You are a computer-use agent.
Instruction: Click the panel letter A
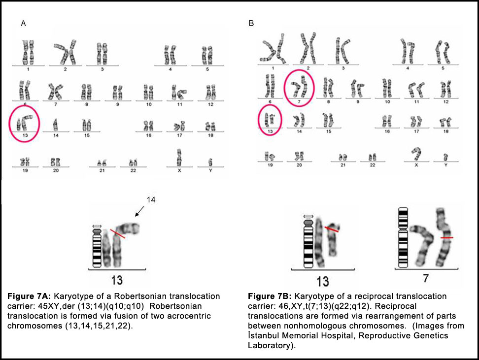[x=23, y=23]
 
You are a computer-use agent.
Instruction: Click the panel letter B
[x=251, y=23]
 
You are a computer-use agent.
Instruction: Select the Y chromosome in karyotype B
[x=445, y=157]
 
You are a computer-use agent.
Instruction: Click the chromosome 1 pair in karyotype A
[x=28, y=53]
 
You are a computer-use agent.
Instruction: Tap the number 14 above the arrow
[x=152, y=200]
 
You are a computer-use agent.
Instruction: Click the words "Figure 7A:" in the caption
[x=29, y=296]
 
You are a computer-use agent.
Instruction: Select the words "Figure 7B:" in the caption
[x=270, y=296]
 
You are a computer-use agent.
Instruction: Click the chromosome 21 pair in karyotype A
[x=102, y=162]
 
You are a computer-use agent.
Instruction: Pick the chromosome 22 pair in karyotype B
[x=373, y=157]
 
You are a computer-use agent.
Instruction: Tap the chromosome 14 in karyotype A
[x=55, y=124]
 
